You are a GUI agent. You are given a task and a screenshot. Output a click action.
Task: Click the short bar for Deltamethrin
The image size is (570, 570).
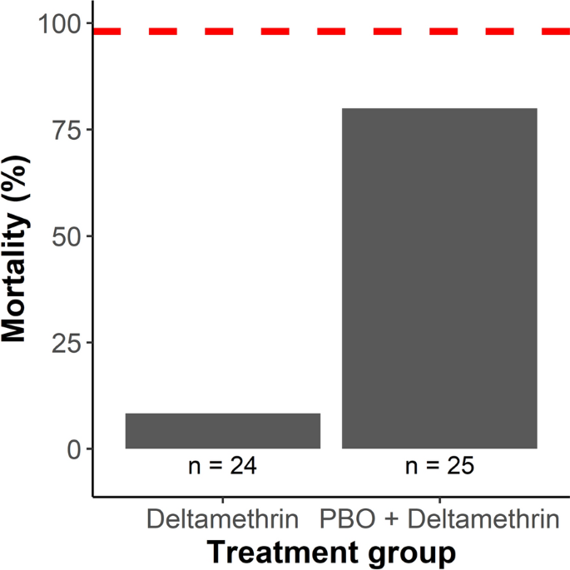coord(223,431)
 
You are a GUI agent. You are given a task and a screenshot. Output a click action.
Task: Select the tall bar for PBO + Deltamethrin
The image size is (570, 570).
coord(439,278)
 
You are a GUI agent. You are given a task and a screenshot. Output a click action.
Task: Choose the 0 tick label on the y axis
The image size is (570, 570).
coord(73,449)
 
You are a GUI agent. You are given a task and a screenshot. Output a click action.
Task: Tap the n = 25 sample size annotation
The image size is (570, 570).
coord(439,466)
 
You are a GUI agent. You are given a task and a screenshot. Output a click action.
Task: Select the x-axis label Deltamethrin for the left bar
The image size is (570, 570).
coord(223,521)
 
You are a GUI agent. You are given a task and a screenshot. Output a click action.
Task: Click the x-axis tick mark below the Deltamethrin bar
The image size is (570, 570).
coord(223,501)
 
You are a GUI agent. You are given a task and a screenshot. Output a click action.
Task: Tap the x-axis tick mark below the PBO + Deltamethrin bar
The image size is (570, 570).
coord(439,501)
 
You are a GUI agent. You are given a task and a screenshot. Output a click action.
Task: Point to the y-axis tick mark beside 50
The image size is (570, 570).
coord(88,236)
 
